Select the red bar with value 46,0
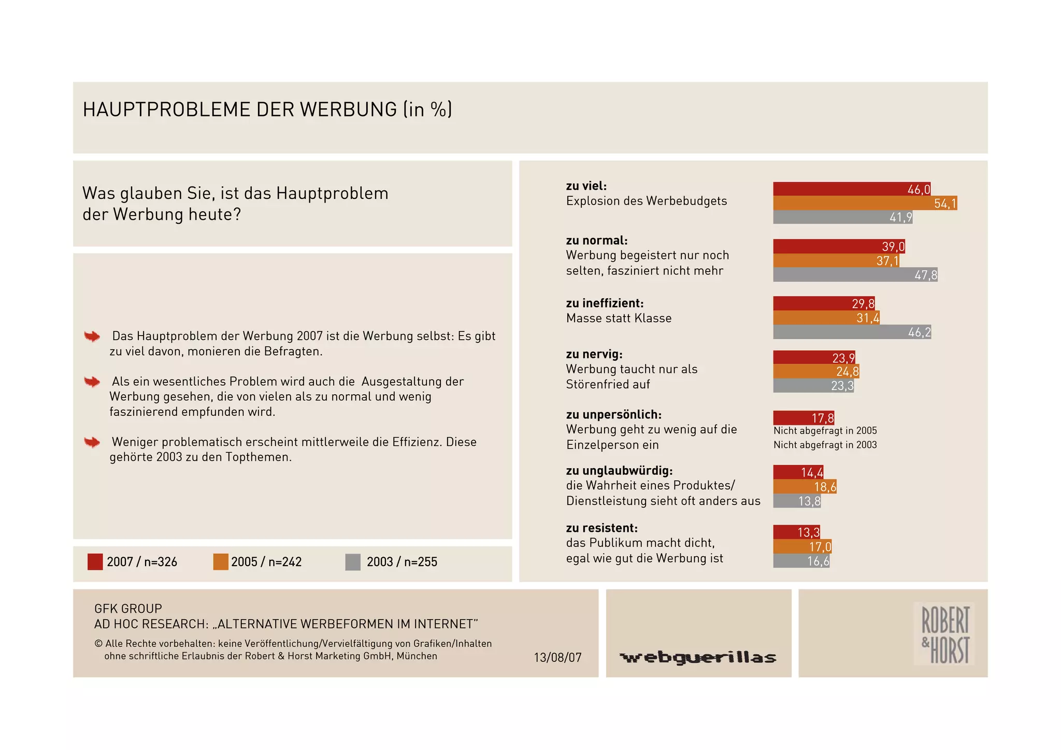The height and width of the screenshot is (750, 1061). tap(851, 189)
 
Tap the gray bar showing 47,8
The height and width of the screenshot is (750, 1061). tap(855, 275)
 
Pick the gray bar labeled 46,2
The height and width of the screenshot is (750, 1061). tap(852, 332)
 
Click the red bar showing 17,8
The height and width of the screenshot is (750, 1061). tap(803, 417)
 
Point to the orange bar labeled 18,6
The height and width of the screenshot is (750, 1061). tap(805, 486)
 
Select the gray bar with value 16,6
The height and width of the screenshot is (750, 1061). tap(801, 561)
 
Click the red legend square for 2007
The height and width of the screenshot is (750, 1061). tap(95, 562)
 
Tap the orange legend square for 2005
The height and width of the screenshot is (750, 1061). tap(221, 562)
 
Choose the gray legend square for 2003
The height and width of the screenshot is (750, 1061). tap(353, 562)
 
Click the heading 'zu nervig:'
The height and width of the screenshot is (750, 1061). tap(594, 354)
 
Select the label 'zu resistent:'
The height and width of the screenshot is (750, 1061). tap(601, 528)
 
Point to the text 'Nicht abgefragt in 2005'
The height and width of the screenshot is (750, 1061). tap(825, 430)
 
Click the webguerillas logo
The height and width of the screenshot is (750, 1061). tap(698, 657)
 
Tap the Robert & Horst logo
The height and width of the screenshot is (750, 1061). tap(944, 634)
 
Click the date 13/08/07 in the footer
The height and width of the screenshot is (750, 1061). tap(557, 657)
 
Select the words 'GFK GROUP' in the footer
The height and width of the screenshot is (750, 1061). tap(128, 609)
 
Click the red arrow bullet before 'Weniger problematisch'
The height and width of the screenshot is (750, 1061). tap(92, 442)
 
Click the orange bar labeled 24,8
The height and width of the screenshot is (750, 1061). tap(815, 371)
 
